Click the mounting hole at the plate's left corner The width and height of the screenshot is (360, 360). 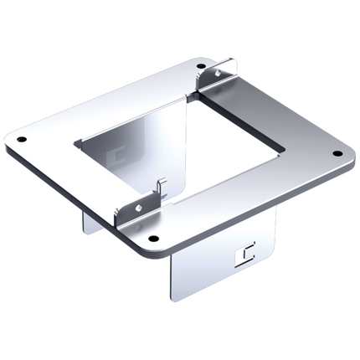[23, 139]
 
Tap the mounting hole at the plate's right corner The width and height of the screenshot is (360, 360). [338, 154]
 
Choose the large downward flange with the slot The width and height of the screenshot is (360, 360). [222, 260]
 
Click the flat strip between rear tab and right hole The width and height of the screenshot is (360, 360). [276, 109]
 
